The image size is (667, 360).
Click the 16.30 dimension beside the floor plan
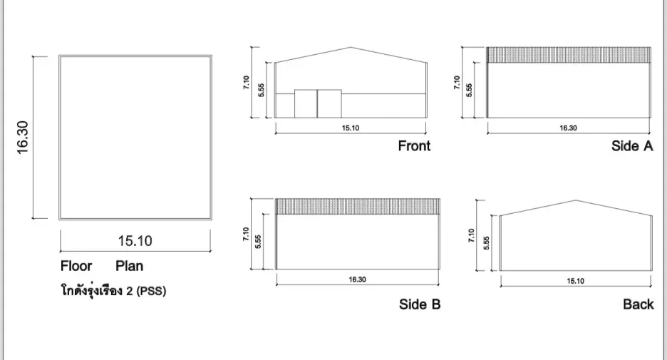pyautogui.click(x=23, y=138)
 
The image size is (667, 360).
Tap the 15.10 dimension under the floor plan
pyautogui.click(x=135, y=241)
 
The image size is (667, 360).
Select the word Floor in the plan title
pyautogui.click(x=76, y=266)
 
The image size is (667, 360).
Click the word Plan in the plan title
pyautogui.click(x=129, y=266)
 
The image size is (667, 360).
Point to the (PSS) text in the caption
pyautogui.click(x=151, y=291)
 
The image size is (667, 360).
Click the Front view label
pyautogui.click(x=414, y=146)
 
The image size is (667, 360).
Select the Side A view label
pyautogui.click(x=632, y=146)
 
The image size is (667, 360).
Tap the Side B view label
pyautogui.click(x=420, y=304)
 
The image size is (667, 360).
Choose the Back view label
pyautogui.click(x=638, y=304)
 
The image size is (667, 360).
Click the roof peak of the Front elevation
pyautogui.click(x=351, y=47)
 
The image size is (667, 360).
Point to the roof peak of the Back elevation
pyautogui.click(x=576, y=200)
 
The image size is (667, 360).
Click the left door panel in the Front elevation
pyautogui.click(x=306, y=104)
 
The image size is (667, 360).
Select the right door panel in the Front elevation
pyautogui.click(x=329, y=104)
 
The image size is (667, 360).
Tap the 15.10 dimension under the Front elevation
pyautogui.click(x=351, y=128)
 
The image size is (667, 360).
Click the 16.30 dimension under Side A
pyautogui.click(x=569, y=128)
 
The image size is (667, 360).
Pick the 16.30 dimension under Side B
pyautogui.click(x=357, y=279)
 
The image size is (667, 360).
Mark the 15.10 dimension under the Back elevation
pyautogui.click(x=576, y=281)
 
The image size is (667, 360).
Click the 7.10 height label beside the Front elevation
pyautogui.click(x=247, y=82)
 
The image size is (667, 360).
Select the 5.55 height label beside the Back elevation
pyautogui.click(x=487, y=243)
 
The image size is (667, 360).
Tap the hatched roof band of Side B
pyautogui.click(x=358, y=207)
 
